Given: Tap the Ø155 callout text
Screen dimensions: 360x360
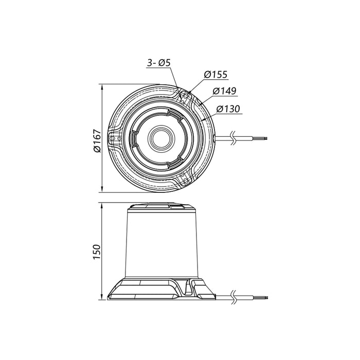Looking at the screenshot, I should pos(215,75).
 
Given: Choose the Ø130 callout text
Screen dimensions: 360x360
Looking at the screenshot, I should pos(228,109).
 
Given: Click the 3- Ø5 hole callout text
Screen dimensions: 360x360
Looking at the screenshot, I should pos(158,63).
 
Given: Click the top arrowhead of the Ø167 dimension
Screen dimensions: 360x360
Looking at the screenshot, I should pos(104,86).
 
